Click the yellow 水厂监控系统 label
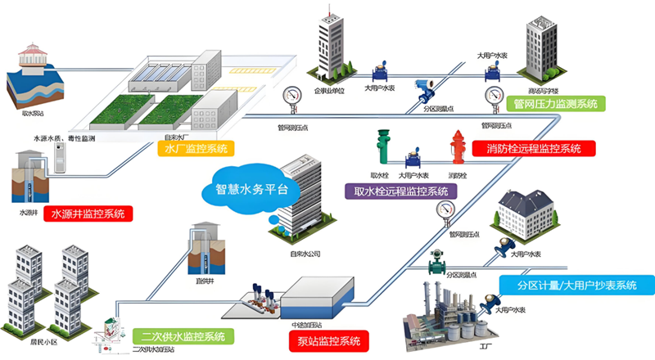point(196,149)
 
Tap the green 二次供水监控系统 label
point(171,336)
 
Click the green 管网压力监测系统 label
point(554,104)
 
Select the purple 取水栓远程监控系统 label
point(400,190)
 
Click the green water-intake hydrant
point(382,150)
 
